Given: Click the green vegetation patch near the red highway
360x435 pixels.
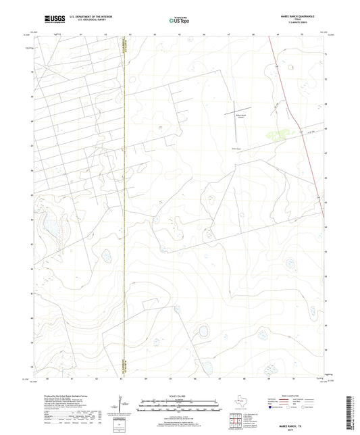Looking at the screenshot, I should [x=277, y=134].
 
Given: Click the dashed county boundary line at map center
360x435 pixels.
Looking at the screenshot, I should [x=124, y=203].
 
